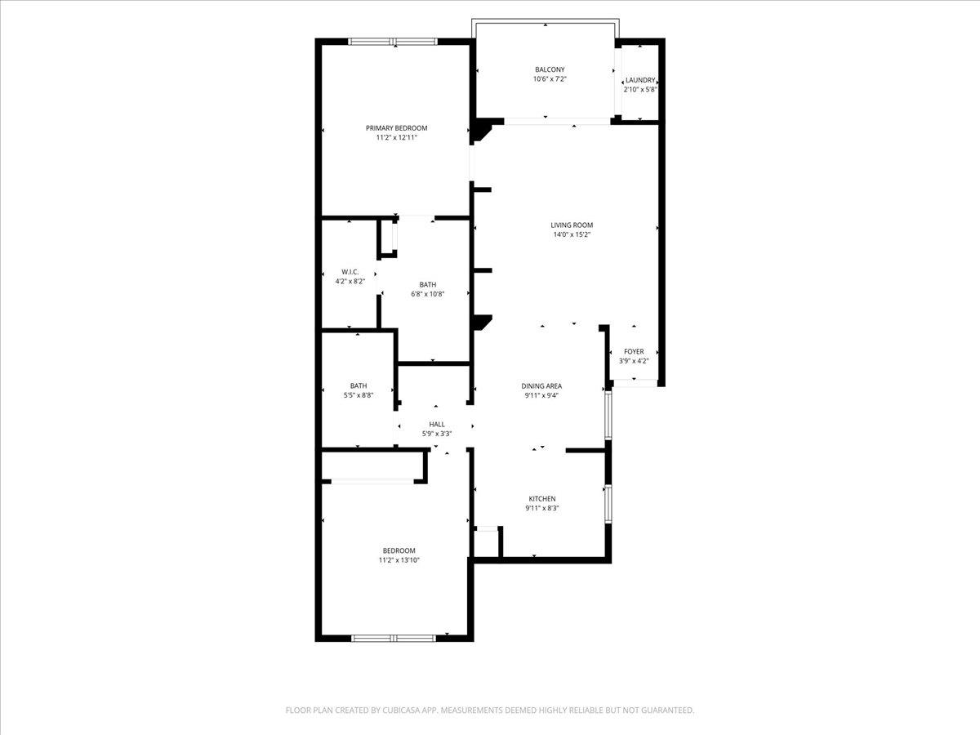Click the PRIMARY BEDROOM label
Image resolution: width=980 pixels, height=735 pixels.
[396, 128]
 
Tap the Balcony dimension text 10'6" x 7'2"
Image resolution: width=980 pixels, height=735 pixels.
[550, 79]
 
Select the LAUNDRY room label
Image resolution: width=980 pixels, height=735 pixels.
[640, 80]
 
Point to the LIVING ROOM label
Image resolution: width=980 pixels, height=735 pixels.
[572, 225]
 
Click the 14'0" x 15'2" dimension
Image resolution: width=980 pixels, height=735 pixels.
[572, 235]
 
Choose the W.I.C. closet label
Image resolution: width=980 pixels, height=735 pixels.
[350, 272]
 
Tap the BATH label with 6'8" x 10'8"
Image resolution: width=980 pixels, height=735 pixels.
[428, 284]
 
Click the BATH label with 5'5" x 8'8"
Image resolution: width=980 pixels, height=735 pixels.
[359, 386]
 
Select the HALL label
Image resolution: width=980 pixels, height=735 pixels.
[437, 424]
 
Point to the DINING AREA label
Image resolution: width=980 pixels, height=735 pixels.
[541, 386]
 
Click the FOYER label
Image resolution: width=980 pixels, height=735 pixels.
[634, 352]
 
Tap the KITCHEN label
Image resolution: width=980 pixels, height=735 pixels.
[542, 499]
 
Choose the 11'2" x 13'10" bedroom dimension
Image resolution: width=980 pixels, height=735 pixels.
[399, 560]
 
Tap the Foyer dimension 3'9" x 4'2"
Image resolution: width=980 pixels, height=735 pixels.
[634, 361]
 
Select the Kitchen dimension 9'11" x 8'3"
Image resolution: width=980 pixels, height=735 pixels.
[542, 508]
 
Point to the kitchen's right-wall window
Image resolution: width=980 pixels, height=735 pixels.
[607, 503]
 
